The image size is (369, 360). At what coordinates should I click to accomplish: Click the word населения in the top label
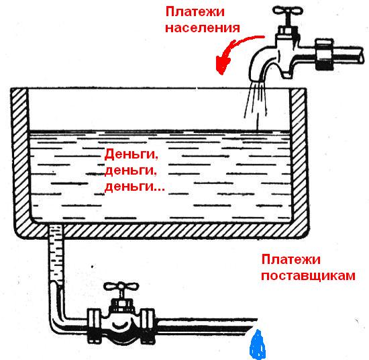203,28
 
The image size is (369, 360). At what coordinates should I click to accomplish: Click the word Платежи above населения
195,11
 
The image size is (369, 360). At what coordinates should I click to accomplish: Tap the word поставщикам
309,275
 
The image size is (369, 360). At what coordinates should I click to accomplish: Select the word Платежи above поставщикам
291,259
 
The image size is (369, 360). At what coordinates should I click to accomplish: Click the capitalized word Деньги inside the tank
131,154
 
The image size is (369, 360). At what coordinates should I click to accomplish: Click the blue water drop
258,345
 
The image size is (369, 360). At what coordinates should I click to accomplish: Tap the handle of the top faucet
287,11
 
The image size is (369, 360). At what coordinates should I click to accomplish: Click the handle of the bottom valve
121,286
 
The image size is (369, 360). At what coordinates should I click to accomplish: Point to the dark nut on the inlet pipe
324,54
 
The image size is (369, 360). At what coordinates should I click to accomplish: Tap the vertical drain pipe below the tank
56,255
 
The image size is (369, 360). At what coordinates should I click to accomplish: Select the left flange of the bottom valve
94,325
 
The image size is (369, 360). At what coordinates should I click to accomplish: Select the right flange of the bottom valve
148,325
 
